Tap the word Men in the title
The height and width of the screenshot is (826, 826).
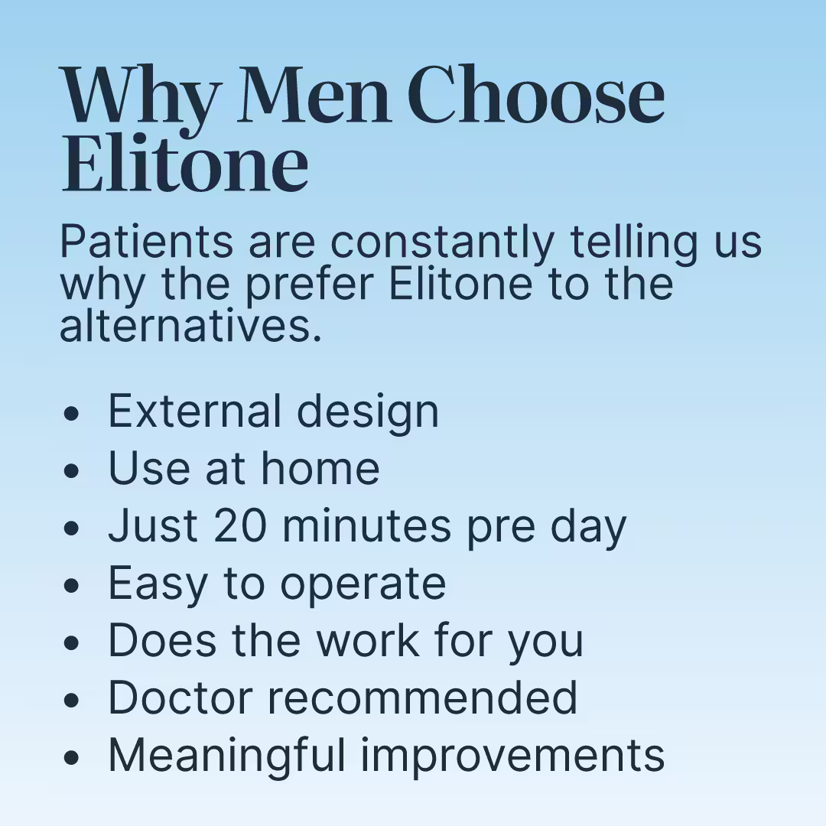[x=314, y=95]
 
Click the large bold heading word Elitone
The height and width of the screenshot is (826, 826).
[x=185, y=161]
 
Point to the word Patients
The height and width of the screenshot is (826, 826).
[x=146, y=242]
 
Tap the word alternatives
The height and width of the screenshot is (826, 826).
[x=190, y=327]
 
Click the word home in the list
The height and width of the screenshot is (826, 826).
[x=320, y=468]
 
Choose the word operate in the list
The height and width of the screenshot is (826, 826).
[x=363, y=585]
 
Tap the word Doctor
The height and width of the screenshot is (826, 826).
[x=180, y=698]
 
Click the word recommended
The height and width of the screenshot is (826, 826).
[x=422, y=698]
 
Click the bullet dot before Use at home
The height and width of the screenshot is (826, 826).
[x=70, y=470]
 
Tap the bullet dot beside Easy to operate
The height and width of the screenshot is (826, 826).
[x=70, y=585]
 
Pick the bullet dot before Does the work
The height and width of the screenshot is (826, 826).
[x=70, y=642]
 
